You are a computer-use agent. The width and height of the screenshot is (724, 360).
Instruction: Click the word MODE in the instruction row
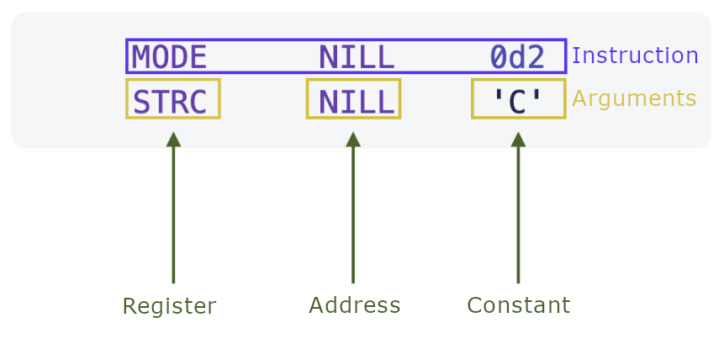169,57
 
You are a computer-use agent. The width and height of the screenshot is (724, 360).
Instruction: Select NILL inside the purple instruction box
356,57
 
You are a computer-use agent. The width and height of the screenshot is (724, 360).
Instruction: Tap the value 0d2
517,57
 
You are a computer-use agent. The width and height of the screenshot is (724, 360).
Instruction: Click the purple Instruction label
635,56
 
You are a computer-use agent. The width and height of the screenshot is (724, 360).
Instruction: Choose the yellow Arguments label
634,99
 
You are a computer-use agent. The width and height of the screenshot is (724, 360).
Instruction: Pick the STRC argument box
172,99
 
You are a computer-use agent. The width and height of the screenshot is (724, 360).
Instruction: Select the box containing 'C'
518,99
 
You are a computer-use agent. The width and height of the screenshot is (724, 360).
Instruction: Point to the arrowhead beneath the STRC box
173,140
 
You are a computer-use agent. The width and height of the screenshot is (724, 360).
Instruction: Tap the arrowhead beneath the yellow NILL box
353,140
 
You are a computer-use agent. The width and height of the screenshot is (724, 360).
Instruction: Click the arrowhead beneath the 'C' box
518,140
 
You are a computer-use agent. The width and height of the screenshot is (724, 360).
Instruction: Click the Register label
169,306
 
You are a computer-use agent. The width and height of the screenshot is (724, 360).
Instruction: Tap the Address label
354,305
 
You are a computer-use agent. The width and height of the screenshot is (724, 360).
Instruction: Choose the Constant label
518,305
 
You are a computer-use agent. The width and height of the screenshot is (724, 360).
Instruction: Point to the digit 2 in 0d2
536,57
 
